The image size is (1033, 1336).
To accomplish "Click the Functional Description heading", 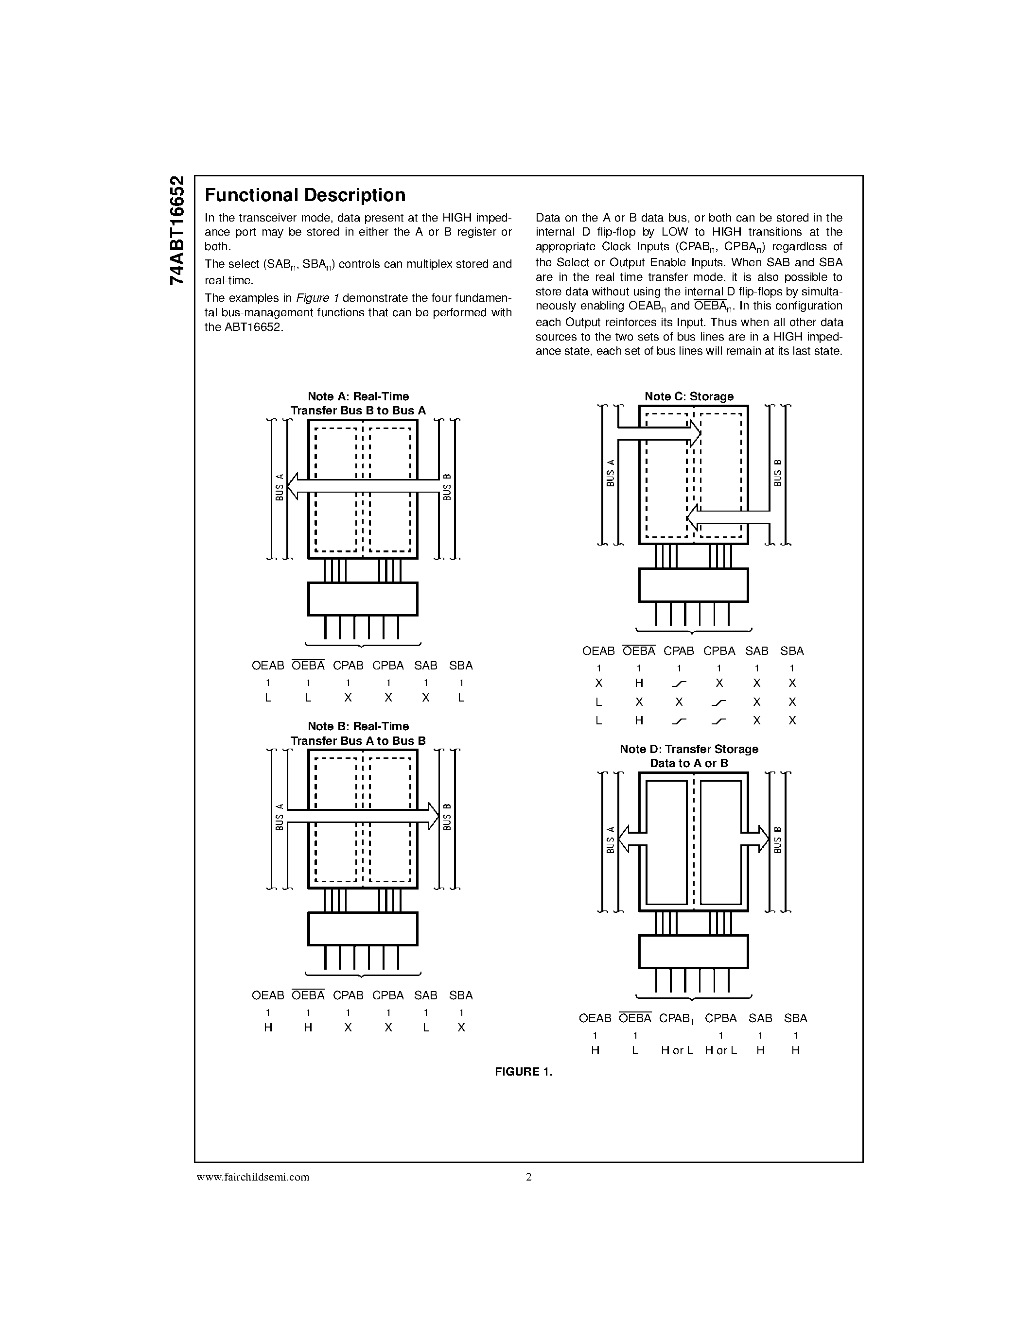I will (305, 195).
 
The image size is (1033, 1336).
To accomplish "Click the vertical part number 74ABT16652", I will (176, 231).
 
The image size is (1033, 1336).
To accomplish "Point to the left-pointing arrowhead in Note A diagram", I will (293, 486).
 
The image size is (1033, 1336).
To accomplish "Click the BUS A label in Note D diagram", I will (610, 840).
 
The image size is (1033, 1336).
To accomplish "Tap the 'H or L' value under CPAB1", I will (677, 1050).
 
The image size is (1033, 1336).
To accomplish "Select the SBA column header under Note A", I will (461, 666).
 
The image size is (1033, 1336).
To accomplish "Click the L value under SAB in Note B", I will (426, 1028).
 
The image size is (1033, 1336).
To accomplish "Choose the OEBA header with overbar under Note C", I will (639, 651).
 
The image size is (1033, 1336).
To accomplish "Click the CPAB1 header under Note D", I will (677, 1018).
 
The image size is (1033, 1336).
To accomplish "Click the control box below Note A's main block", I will (363, 599).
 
